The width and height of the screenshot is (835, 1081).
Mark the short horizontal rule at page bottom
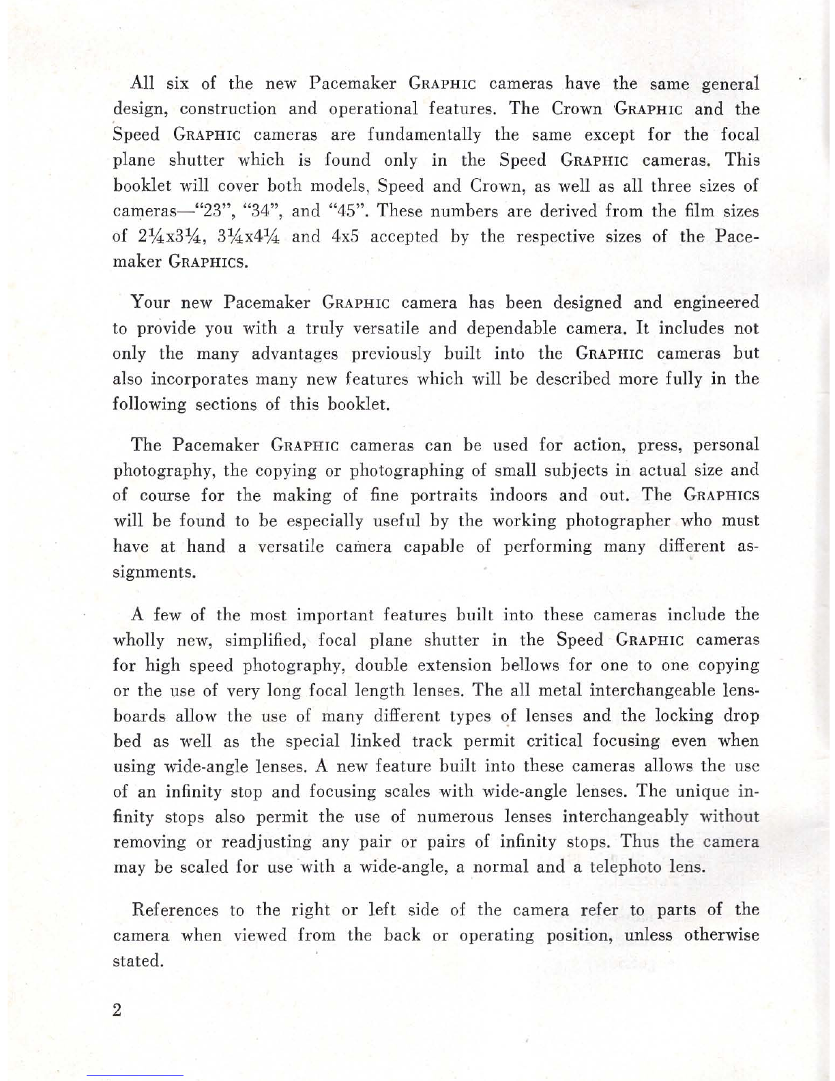(x=135, y=1075)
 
